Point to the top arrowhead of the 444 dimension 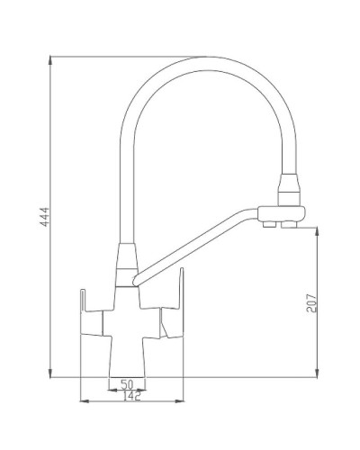pyautogui.click(x=51, y=60)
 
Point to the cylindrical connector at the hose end pyautogui.click(x=288, y=188)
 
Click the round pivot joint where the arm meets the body pyautogui.click(x=131, y=281)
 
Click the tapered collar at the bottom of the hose pyautogui.click(x=123, y=260)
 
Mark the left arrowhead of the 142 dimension pyautogui.click(x=84, y=399)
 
